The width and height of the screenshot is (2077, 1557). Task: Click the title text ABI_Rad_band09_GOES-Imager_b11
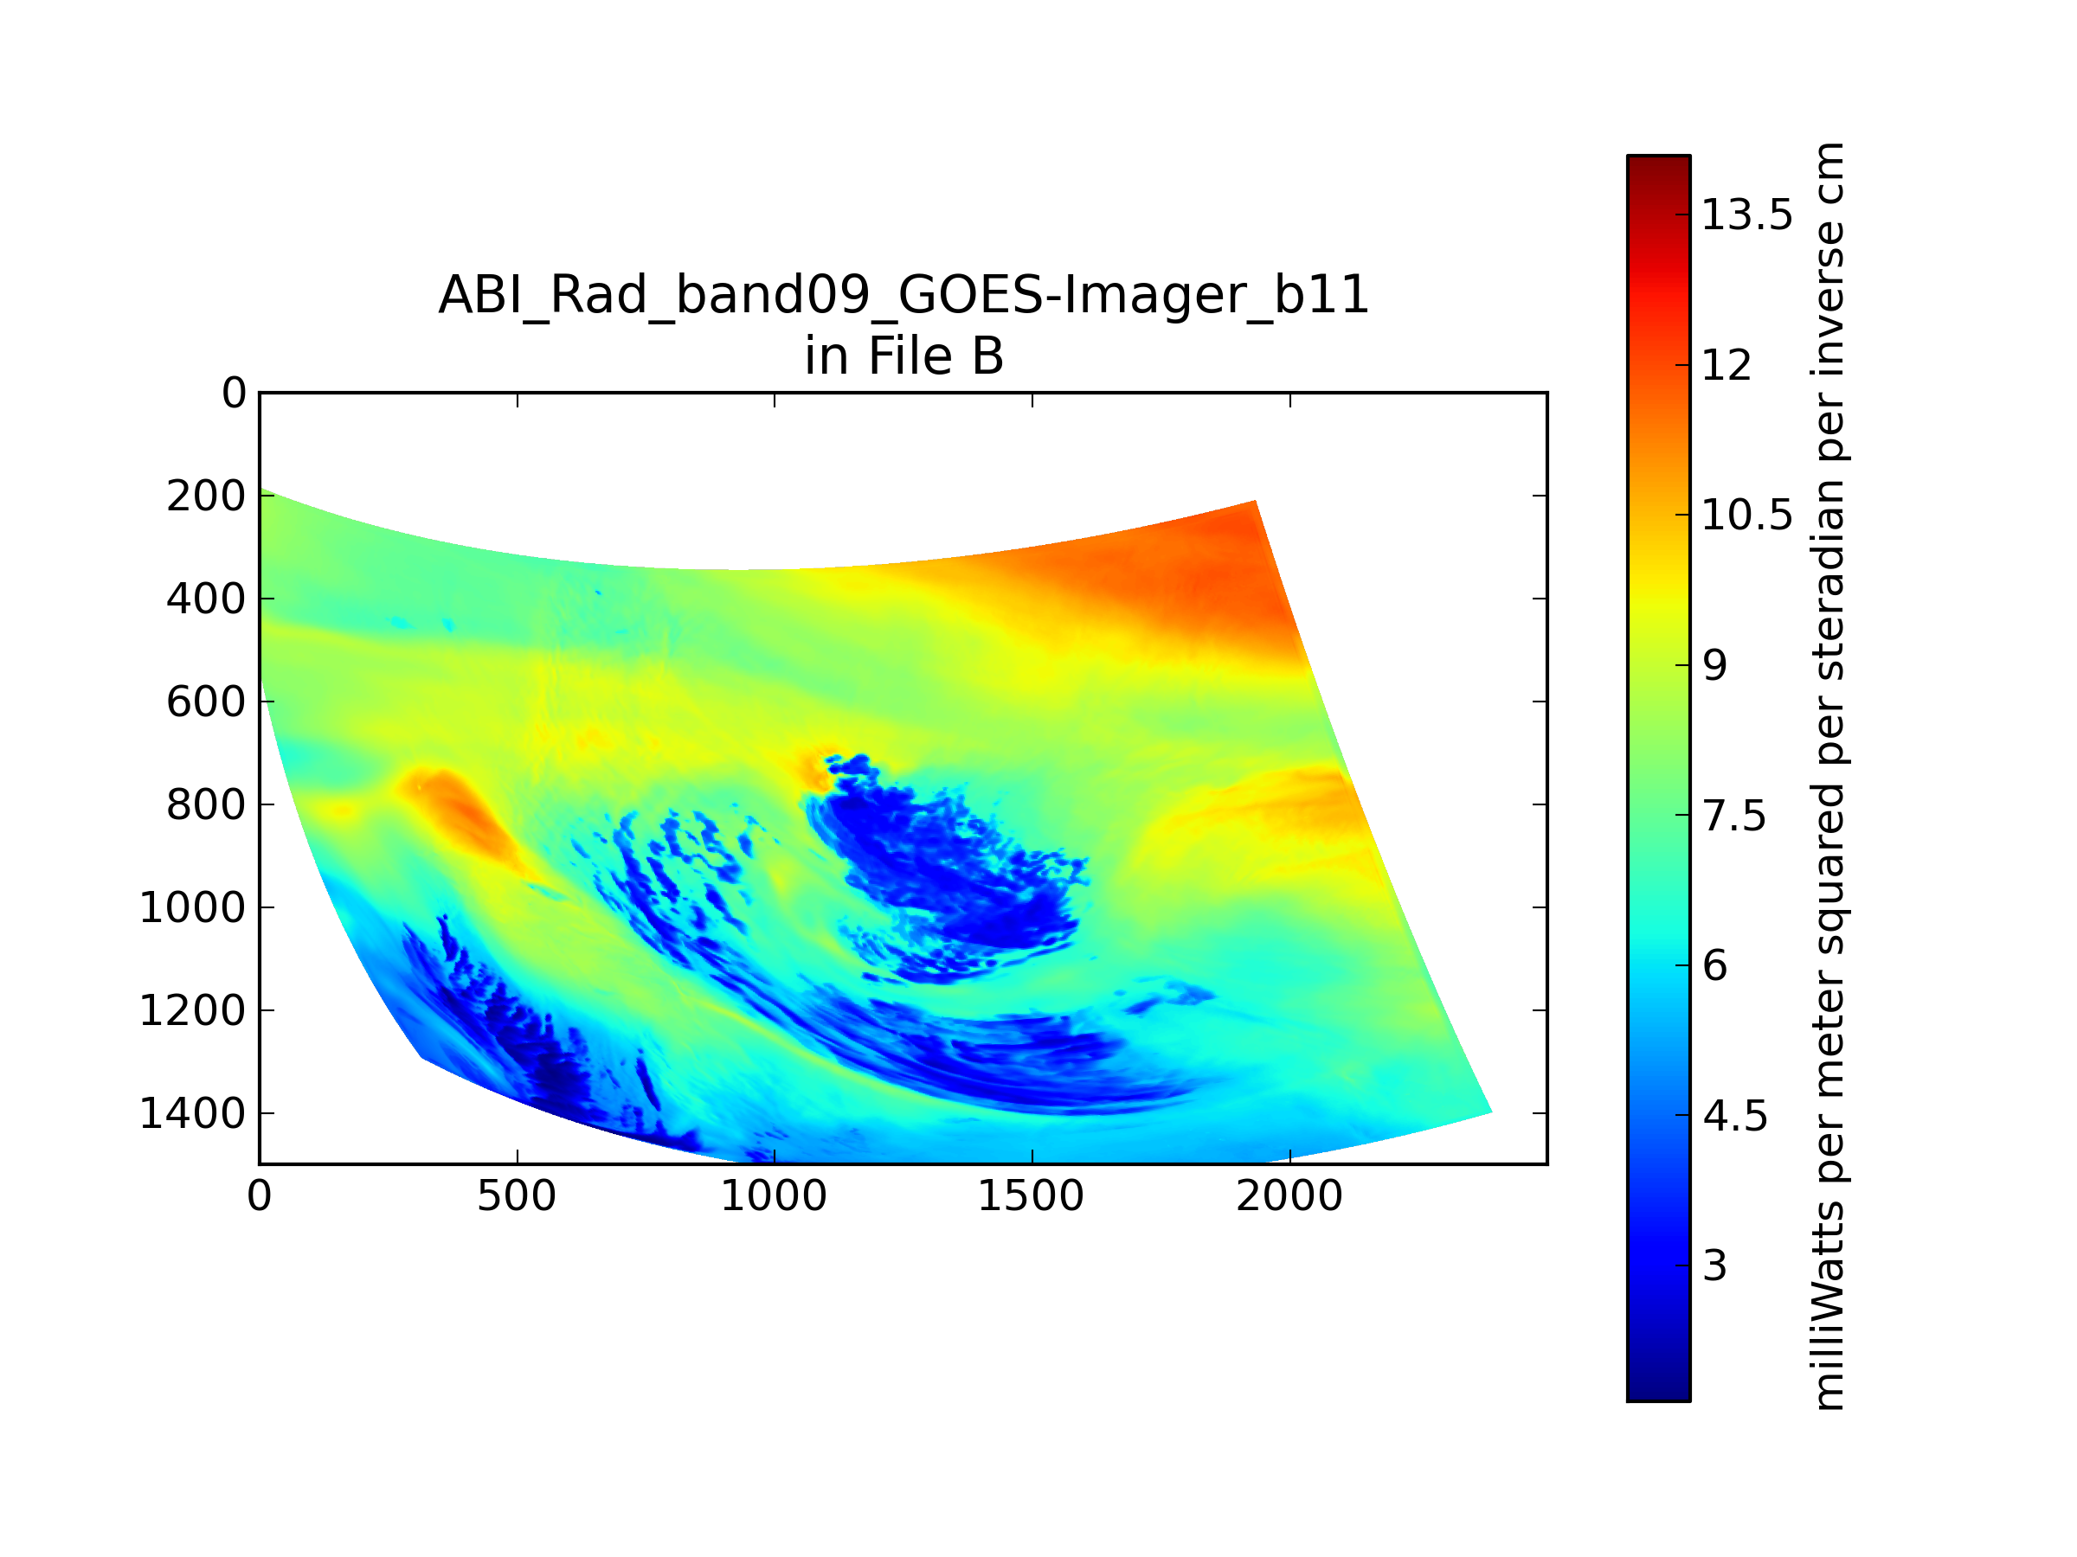coord(903,297)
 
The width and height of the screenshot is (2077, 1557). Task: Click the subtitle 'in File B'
coord(903,356)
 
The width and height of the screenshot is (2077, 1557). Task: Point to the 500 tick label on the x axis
coord(517,1196)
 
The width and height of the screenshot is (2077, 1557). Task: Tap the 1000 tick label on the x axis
coord(774,1196)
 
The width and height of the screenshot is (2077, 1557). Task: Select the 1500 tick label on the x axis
coord(1031,1196)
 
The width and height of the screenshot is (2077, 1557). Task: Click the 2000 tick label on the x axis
coord(1289,1196)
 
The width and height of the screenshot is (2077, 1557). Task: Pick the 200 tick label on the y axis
coord(207,496)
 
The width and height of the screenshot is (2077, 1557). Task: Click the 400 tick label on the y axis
coord(207,599)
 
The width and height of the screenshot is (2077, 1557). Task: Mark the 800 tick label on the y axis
coord(207,804)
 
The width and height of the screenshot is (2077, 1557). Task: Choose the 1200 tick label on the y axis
coord(192,1011)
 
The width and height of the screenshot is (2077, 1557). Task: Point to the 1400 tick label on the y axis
coord(192,1113)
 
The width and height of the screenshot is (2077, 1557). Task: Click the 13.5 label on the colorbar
coord(1747,215)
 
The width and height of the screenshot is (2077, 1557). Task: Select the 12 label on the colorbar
coord(1727,365)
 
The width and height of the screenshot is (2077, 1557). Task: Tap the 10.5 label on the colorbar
coord(1747,516)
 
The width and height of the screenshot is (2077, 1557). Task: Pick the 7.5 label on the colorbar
coord(1734,816)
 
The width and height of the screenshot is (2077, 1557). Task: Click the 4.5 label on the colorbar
coord(1734,1116)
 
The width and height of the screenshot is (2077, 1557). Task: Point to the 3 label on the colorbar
coord(1714,1266)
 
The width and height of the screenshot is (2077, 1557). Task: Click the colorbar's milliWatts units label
coord(1828,777)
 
